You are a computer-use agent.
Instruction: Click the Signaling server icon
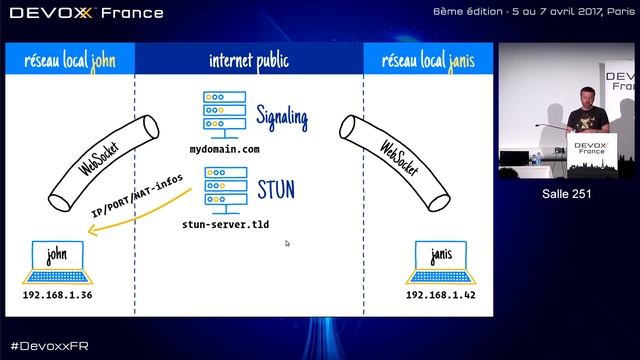pos(224,115)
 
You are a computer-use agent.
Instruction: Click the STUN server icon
pos(226,190)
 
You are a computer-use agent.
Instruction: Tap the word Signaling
pos(282,118)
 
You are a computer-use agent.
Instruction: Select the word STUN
pos(276,189)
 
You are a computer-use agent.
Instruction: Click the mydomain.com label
pos(224,149)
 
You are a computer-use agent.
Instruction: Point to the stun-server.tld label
pos(225,224)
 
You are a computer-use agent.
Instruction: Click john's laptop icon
pos(57,262)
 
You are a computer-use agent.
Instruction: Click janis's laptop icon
pos(440,262)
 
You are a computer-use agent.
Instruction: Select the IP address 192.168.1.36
pos(57,295)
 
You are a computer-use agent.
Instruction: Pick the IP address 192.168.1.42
pos(440,295)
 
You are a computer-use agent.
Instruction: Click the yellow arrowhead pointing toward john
pos(93,231)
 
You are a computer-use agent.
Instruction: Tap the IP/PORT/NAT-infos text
pos(137,196)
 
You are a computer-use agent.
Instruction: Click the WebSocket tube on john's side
pos(104,163)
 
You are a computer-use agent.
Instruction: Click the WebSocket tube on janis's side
pos(395,163)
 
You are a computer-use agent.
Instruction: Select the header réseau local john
pos(70,61)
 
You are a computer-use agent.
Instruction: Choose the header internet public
pos(249,61)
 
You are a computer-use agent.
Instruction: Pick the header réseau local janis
pos(428,61)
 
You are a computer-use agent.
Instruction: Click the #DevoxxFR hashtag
pos(49,346)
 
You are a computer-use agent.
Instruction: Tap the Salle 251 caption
pos(567,193)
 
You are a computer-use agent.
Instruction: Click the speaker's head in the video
pos(587,97)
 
